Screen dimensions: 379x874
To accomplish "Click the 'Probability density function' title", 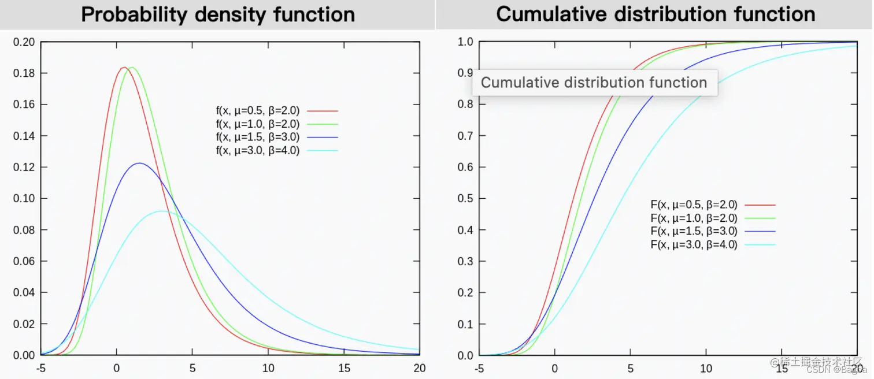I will pyautogui.click(x=218, y=14).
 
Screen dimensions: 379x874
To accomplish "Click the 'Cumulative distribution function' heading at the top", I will pyautogui.click(x=655, y=14).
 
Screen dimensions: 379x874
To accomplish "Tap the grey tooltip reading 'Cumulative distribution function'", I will pyautogui.click(x=594, y=83).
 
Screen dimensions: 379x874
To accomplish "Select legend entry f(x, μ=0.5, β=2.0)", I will pyautogui.click(x=258, y=110).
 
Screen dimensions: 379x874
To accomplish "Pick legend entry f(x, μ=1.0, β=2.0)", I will pyautogui.click(x=258, y=124).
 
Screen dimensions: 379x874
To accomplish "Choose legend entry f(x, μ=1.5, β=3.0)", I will pyautogui.click(x=258, y=138).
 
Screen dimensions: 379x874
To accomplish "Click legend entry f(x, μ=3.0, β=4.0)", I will pyautogui.click(x=258, y=151).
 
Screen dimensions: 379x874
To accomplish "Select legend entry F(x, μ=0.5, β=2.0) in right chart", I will pyautogui.click(x=694, y=205).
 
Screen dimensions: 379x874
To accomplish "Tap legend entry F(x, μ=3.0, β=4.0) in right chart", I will pyautogui.click(x=694, y=245).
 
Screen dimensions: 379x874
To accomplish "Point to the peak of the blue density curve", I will pyautogui.click(x=139, y=164).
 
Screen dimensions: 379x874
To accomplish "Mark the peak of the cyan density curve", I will pyautogui.click(x=162, y=211).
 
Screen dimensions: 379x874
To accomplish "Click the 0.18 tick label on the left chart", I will pyautogui.click(x=24, y=73).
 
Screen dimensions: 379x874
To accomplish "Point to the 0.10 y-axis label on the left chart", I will pyautogui.click(x=24, y=199).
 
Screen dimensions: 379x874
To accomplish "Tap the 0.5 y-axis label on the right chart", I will pyautogui.click(x=465, y=199).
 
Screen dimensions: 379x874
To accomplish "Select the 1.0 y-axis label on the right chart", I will pyautogui.click(x=465, y=42).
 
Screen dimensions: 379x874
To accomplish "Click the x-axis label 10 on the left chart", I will pyautogui.click(x=268, y=368).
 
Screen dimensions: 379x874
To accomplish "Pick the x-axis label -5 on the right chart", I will pyautogui.click(x=479, y=368).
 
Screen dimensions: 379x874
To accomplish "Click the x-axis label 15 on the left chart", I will pyautogui.click(x=344, y=368).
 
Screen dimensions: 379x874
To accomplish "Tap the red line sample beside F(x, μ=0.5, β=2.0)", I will pyautogui.click(x=760, y=205).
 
